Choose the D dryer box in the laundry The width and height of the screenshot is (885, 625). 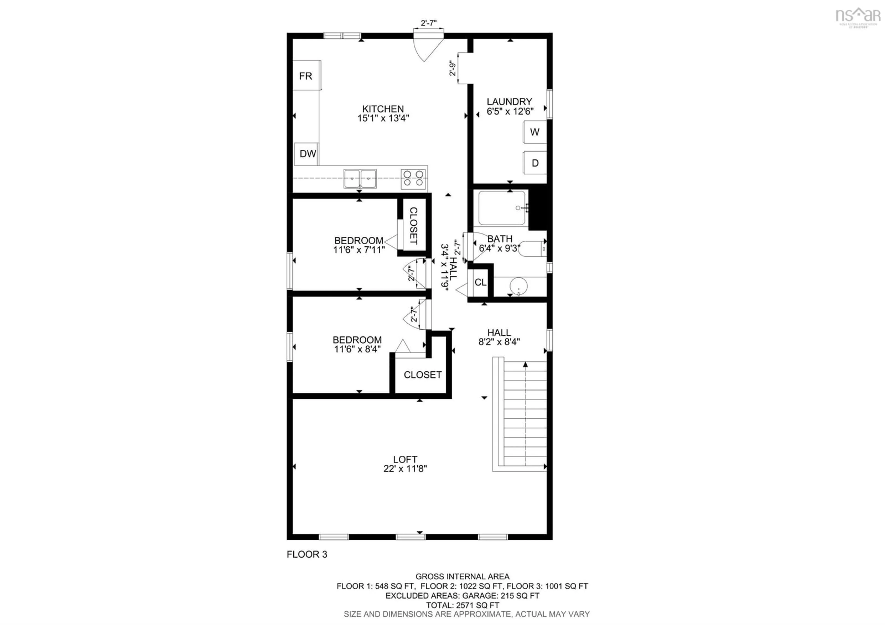tap(535, 163)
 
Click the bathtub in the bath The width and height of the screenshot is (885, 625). tap(502, 208)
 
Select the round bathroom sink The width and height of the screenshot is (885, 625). tap(518, 286)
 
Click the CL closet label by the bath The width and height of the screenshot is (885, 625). tap(480, 283)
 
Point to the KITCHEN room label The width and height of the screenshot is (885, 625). tap(383, 109)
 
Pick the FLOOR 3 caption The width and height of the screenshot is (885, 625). tap(307, 554)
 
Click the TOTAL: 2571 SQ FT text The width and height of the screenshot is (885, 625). tap(462, 605)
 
